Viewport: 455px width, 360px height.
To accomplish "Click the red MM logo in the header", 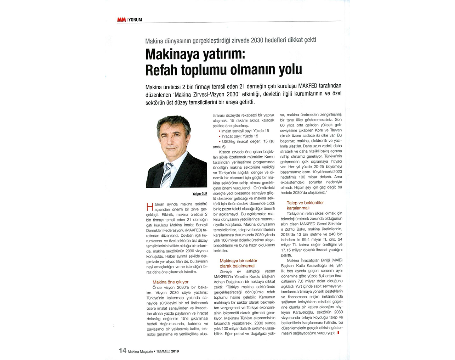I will point(121,20).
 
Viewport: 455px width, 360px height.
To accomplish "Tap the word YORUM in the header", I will point(135,20).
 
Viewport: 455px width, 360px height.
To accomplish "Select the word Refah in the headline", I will point(161,70).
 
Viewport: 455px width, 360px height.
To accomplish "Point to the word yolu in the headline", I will point(290,69).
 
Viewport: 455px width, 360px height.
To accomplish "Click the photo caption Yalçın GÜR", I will point(200,194).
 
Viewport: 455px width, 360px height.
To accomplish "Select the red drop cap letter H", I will point(150,207).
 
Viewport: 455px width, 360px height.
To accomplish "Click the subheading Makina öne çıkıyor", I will point(170,282).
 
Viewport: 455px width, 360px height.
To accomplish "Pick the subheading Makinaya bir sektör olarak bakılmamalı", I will point(238,263).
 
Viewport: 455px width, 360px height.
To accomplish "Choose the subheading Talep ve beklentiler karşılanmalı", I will point(305,205).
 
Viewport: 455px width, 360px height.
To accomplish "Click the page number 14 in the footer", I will point(123,350).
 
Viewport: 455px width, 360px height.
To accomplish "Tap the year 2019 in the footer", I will point(175,351).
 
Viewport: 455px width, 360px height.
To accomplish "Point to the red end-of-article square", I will point(339,333).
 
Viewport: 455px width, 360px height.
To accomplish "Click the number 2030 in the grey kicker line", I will point(257,40).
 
